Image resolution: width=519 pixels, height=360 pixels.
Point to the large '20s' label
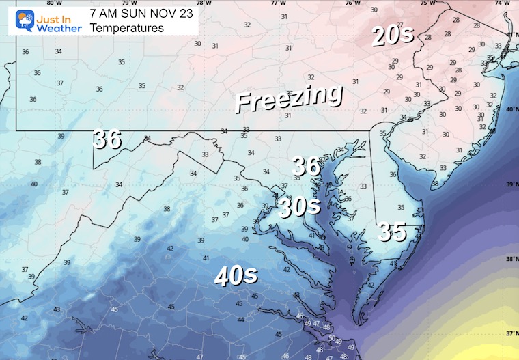pyautogui.click(x=393, y=35)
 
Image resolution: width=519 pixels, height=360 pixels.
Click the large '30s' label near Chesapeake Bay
pyautogui.click(x=299, y=206)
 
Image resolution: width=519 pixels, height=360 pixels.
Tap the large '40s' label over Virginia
pyautogui.click(x=236, y=275)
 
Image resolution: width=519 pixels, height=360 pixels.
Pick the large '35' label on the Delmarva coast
pyautogui.click(x=392, y=232)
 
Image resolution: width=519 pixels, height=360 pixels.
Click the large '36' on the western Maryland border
pyautogui.click(x=107, y=139)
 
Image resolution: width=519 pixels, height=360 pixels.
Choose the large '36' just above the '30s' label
pyautogui.click(x=306, y=166)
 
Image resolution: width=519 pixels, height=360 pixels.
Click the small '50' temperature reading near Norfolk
pyautogui.click(x=332, y=338)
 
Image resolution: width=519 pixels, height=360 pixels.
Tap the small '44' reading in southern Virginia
pyautogui.click(x=240, y=320)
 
